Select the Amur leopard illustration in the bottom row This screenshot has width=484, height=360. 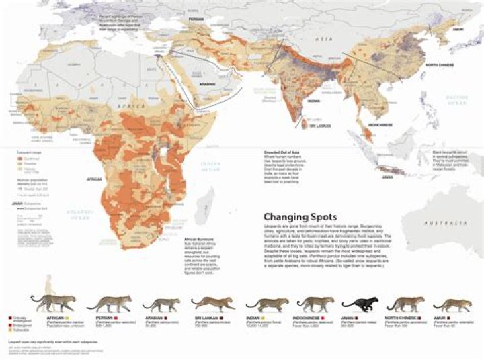[x=444, y=304]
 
